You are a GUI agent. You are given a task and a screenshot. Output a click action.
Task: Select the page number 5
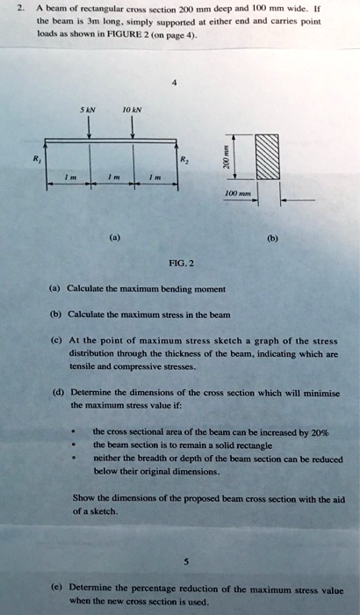[x=181, y=564]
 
